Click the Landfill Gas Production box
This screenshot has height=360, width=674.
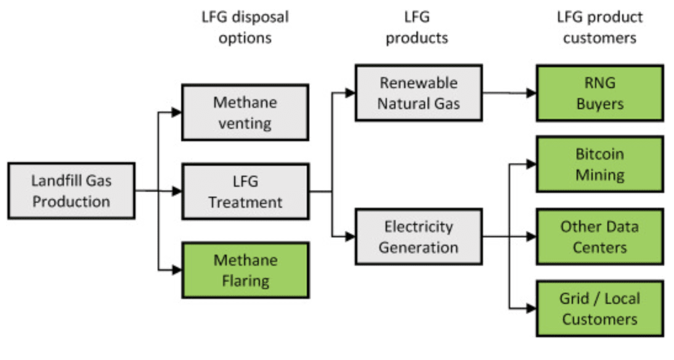(71, 191)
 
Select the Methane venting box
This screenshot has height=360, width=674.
(245, 113)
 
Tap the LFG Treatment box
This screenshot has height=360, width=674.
(245, 192)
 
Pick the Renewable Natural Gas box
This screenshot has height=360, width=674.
(418, 93)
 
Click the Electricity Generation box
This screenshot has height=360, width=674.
(418, 237)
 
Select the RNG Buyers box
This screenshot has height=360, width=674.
(599, 93)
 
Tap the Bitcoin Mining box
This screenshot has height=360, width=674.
(599, 164)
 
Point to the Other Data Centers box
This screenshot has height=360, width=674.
(599, 237)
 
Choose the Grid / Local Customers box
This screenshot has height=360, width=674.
(599, 309)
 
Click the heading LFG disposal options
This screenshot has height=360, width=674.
(245, 27)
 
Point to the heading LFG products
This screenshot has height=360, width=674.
(416, 27)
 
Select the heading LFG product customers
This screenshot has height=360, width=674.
(599, 27)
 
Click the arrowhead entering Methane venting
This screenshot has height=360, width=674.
(177, 112)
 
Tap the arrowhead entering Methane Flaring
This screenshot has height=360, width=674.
(177, 270)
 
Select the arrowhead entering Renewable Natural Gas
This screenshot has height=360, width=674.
(351, 93)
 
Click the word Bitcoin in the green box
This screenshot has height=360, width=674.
(599, 154)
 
